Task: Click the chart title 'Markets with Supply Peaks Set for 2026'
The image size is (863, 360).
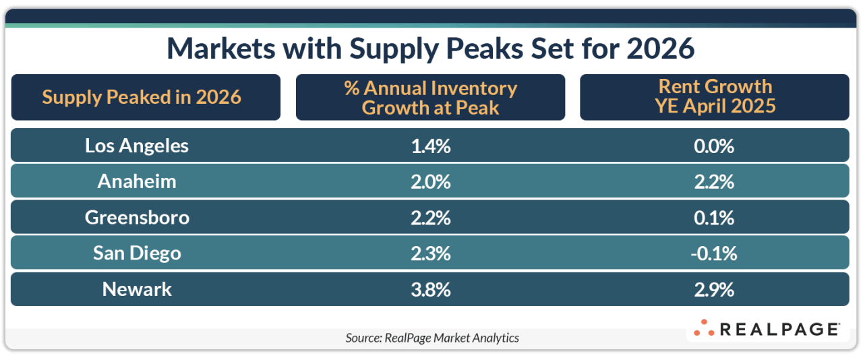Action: pyautogui.click(x=430, y=49)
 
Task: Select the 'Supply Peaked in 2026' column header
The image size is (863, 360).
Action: pyautogui.click(x=142, y=97)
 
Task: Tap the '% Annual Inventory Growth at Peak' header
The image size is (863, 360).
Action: pyautogui.click(x=430, y=97)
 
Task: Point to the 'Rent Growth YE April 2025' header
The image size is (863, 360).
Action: pyautogui.click(x=715, y=97)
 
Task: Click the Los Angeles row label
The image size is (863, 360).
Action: pyautogui.click(x=137, y=145)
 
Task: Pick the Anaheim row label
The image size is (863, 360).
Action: pyautogui.click(x=137, y=181)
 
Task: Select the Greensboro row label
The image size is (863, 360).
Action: pyautogui.click(x=137, y=217)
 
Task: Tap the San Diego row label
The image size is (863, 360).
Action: pyautogui.click(x=137, y=253)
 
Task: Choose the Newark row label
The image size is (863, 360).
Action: pyautogui.click(x=137, y=289)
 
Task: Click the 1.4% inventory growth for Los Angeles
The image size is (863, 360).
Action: pyautogui.click(x=431, y=145)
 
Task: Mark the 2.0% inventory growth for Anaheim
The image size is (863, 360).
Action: pyautogui.click(x=431, y=181)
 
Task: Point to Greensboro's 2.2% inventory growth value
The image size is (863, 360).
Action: pyautogui.click(x=431, y=217)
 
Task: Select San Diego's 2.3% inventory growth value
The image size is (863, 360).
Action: pyautogui.click(x=431, y=253)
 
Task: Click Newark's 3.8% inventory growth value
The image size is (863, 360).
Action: pyautogui.click(x=431, y=289)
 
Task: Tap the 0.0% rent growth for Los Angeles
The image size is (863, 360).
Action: pyautogui.click(x=715, y=145)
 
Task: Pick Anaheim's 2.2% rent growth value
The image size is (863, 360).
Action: pyautogui.click(x=715, y=181)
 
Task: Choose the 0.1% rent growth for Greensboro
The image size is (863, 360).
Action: pyautogui.click(x=715, y=217)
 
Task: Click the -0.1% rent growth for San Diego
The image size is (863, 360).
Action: pyautogui.click(x=715, y=253)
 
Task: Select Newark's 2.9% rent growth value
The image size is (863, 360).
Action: pyautogui.click(x=715, y=289)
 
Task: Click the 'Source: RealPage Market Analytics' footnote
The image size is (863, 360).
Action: pyautogui.click(x=432, y=338)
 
